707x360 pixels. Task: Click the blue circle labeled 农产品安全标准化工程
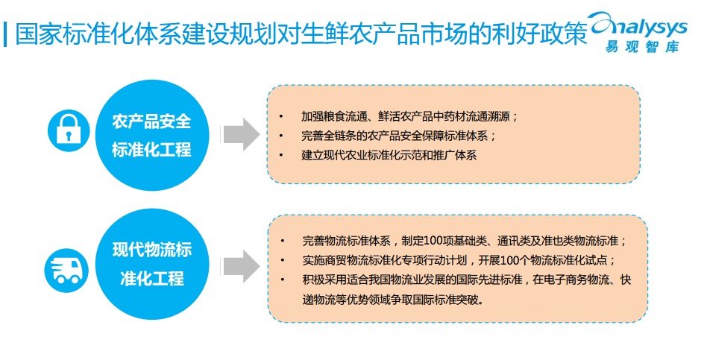coord(151,134)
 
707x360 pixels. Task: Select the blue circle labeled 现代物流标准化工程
coord(151,264)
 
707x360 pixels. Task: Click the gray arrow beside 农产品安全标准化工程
coord(241,134)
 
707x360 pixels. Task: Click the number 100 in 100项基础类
coord(434,241)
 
